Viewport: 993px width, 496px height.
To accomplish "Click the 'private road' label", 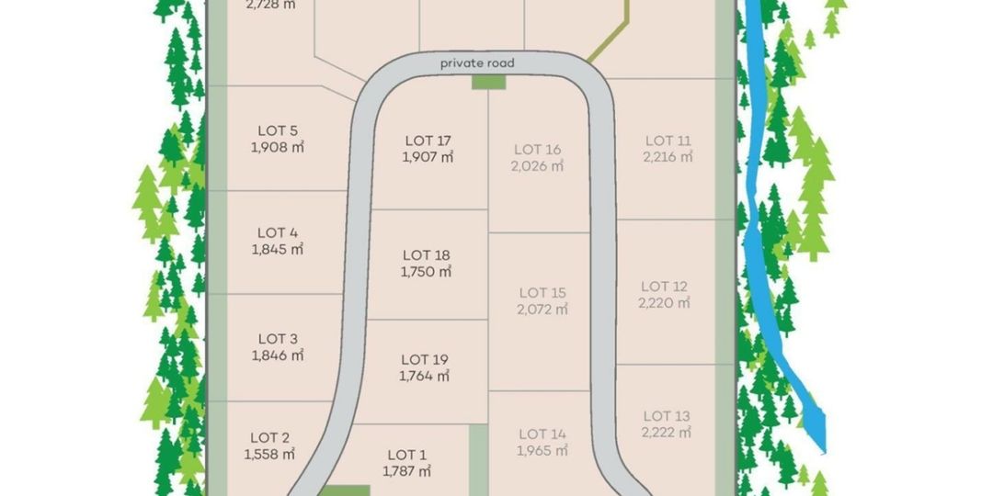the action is coord(477,62).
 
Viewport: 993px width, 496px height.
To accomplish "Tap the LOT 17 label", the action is coord(428,141).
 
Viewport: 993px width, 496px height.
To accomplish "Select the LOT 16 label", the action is coord(538,150).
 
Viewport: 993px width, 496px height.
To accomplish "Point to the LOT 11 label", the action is coord(668,141).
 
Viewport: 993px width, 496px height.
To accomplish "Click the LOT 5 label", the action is coord(278,130).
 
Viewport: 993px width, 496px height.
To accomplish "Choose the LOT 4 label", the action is coord(278,232).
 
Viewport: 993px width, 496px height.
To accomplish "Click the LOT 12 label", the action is coord(664,287).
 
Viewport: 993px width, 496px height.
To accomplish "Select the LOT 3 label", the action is coord(278,339).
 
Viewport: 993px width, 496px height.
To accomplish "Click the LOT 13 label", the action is coord(667,416).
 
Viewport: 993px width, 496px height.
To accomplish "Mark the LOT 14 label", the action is coord(542,434).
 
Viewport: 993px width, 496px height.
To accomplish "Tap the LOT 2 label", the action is coord(269,437).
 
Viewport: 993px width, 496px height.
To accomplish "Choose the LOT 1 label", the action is coord(407,455).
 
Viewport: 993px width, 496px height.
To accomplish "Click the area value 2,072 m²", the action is coord(542,310).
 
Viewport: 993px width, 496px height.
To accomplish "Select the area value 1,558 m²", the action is coord(269,454).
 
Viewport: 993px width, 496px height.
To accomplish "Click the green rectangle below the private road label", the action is coord(489,83).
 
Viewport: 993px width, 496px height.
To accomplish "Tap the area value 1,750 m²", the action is coord(426,272).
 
